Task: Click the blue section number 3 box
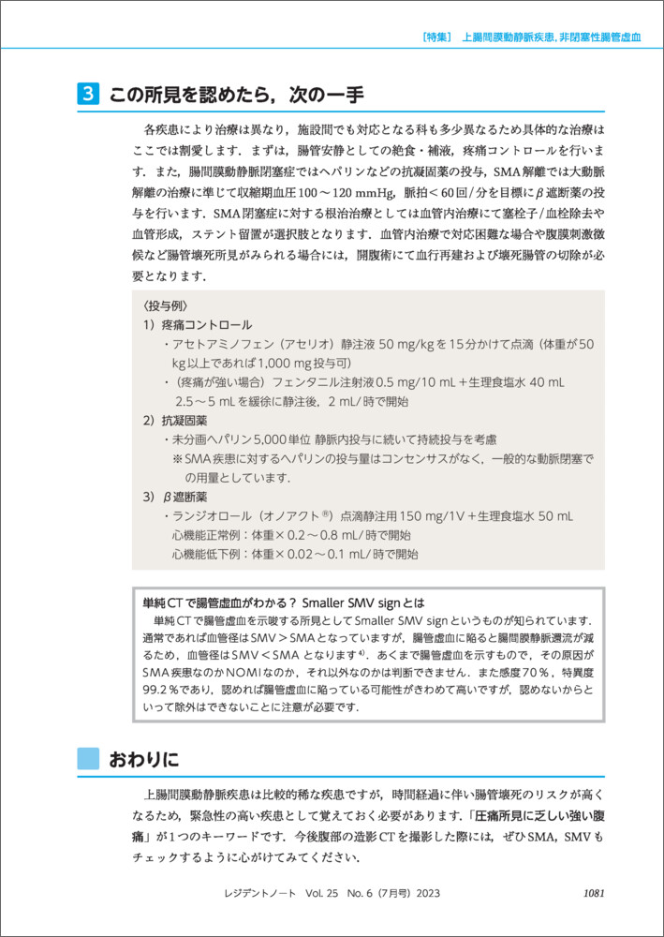pyautogui.click(x=87, y=96)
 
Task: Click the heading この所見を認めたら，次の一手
pyautogui.click(x=235, y=96)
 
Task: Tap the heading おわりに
pyautogui.click(x=143, y=756)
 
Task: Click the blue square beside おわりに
pyautogui.click(x=87, y=757)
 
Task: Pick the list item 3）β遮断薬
pyautogui.click(x=178, y=497)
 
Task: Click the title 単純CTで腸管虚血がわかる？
pyautogui.click(x=217, y=602)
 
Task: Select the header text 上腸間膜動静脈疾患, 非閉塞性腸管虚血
pyautogui.click(x=552, y=38)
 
